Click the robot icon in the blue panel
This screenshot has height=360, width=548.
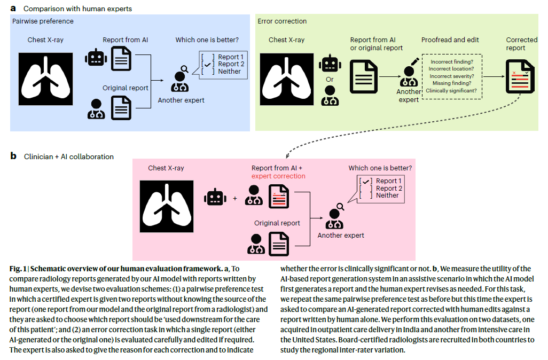coord(96,58)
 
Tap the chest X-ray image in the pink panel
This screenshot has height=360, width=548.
coord(167,206)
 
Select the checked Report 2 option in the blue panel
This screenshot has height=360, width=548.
coord(223,64)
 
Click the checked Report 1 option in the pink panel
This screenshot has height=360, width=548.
coord(381,181)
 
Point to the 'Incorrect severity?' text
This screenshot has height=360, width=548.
coord(451,76)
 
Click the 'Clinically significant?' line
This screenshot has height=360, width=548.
coord(451,90)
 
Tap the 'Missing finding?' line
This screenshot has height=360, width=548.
coord(451,83)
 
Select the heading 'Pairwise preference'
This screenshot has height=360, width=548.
coord(43,21)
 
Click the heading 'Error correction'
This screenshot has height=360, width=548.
coord(282,21)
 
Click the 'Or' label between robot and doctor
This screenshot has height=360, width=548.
coord(330,80)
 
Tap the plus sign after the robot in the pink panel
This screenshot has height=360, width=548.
coord(235,198)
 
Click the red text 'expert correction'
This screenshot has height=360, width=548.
coord(278,176)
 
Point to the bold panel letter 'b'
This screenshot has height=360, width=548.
coord(13,156)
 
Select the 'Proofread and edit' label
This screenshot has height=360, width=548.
coord(450,40)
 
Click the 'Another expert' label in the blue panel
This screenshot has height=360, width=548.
coord(181,100)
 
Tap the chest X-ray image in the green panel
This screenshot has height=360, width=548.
coord(287,80)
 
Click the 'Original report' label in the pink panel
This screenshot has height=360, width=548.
coord(277,223)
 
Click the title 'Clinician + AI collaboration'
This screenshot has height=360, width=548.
coord(69,156)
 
